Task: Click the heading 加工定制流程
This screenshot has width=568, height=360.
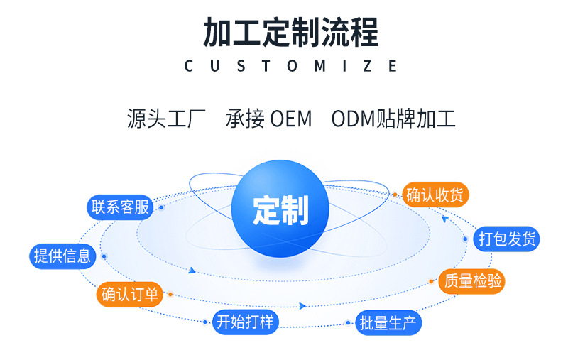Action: (291, 33)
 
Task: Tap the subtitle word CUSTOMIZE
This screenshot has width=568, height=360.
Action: (291, 66)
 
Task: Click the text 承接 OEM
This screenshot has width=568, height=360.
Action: (269, 119)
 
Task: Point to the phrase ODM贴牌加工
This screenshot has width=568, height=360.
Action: (393, 119)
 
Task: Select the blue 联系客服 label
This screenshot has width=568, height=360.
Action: (120, 207)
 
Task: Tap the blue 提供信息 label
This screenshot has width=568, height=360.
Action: (62, 256)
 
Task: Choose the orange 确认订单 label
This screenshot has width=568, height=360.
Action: (130, 294)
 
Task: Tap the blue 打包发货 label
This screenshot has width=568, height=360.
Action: (507, 239)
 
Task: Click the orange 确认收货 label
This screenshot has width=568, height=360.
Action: (437, 194)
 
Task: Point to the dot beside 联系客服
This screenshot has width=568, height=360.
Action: (162, 207)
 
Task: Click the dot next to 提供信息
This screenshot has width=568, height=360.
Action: (104, 256)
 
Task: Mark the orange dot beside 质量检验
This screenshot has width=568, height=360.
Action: (432, 281)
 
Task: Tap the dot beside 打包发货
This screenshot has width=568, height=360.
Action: (466, 239)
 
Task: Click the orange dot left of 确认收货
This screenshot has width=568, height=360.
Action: (395, 194)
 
